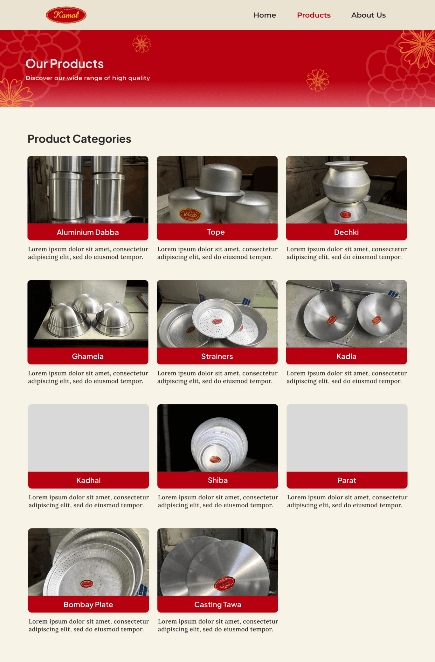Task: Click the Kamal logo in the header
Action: coord(66,15)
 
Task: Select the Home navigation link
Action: coord(265,15)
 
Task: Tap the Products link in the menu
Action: coord(314,15)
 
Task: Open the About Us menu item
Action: coord(369,15)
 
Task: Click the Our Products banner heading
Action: coord(65,64)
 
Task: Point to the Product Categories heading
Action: coord(79,139)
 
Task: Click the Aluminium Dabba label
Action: coord(88,232)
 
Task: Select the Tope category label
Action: coord(216,232)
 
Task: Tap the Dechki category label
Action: coord(346,232)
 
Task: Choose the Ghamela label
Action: coord(88,356)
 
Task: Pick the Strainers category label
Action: coord(217,356)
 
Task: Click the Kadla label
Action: coord(346,356)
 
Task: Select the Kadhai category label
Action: coord(88,480)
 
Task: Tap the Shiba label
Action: coord(218,480)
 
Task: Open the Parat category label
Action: coord(347,480)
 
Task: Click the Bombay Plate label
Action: coord(88,605)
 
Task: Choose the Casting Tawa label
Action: coord(218,605)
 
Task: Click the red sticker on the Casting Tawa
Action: coord(224,584)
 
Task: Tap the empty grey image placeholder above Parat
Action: coord(347,438)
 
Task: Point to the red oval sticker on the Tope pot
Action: coord(190,215)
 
